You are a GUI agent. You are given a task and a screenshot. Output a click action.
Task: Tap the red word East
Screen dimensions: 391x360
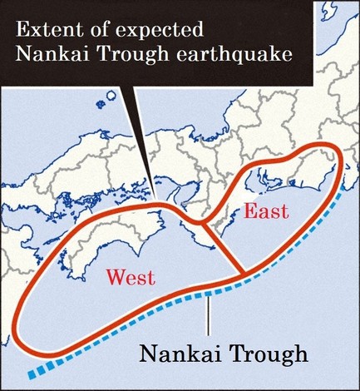265,210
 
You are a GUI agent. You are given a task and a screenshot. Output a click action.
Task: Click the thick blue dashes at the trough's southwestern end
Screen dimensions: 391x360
42,369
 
